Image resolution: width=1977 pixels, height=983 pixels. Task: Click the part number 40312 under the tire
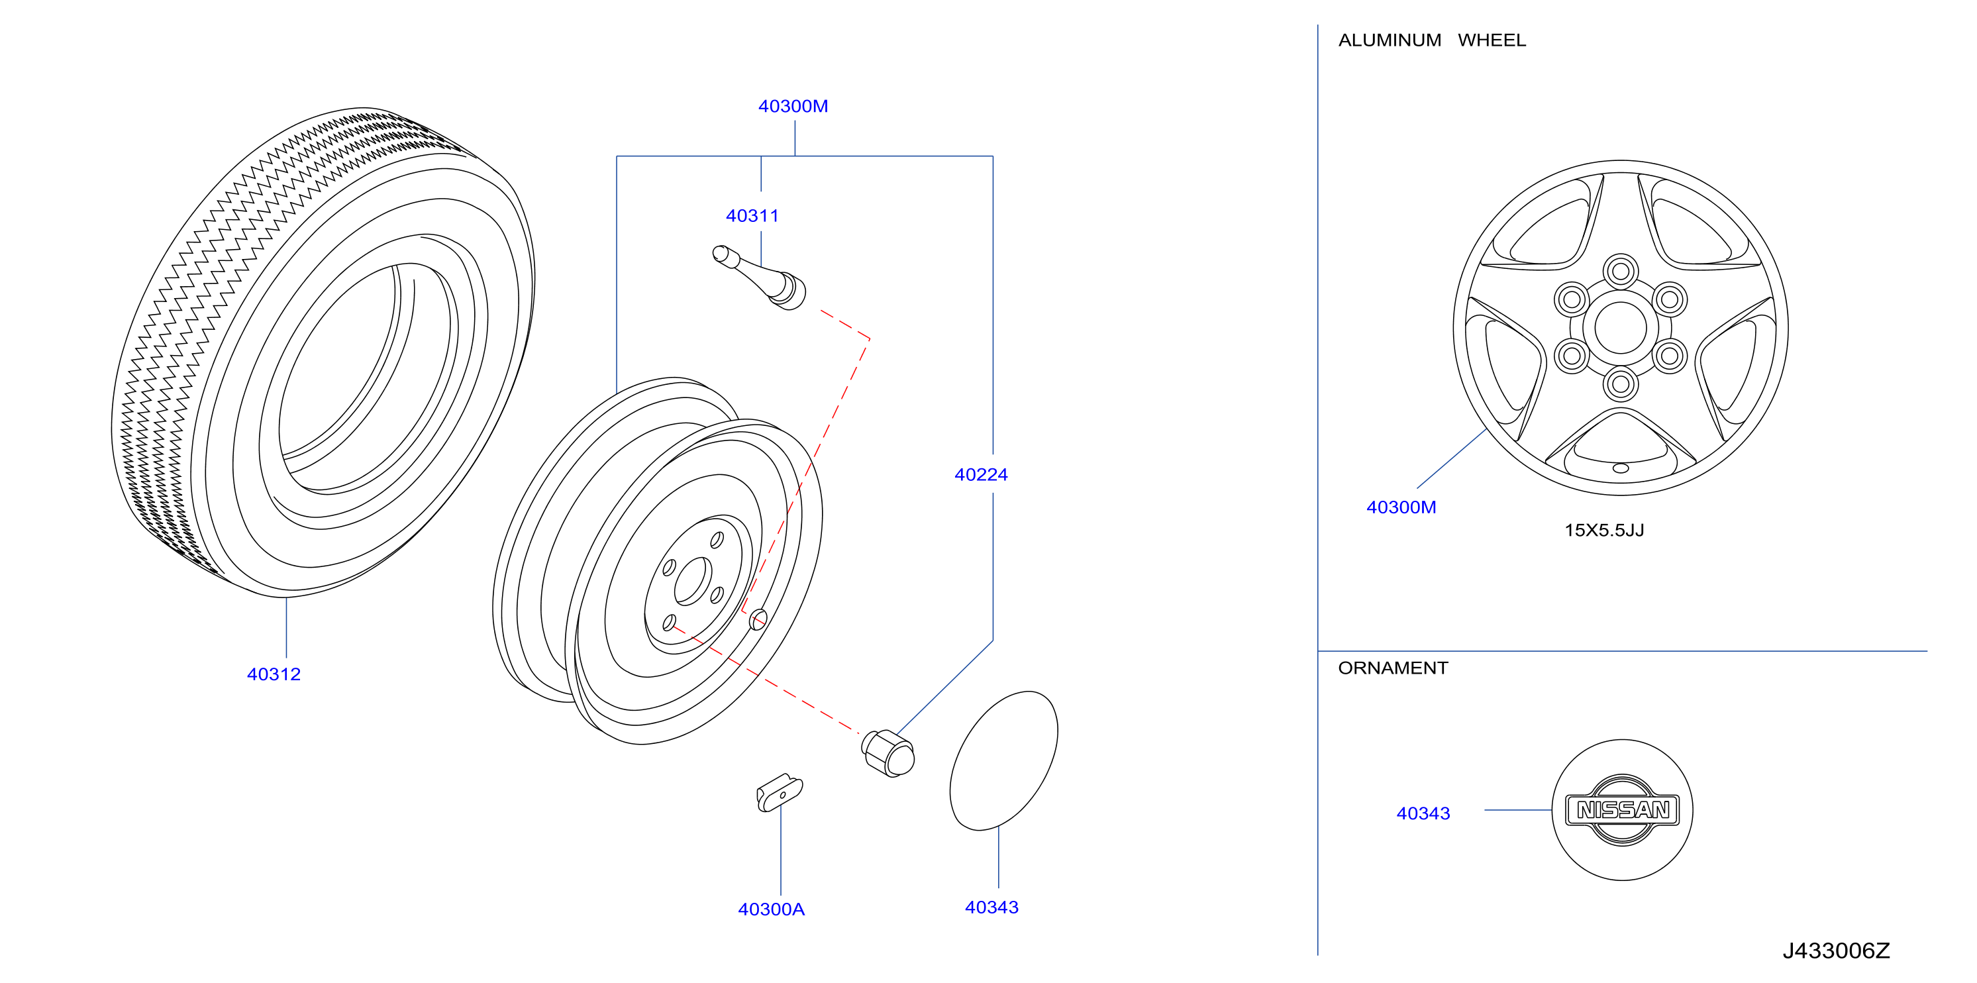(274, 674)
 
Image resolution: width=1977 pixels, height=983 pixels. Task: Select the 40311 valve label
(752, 217)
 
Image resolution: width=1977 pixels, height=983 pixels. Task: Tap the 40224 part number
(981, 475)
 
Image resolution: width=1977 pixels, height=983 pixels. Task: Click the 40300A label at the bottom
(772, 909)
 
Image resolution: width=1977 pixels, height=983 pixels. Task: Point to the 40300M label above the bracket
(793, 107)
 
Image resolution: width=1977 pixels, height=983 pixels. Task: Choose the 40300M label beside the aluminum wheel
(1401, 507)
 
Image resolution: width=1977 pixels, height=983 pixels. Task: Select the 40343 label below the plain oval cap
(991, 907)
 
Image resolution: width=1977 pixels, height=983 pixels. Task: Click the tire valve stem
(759, 278)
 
